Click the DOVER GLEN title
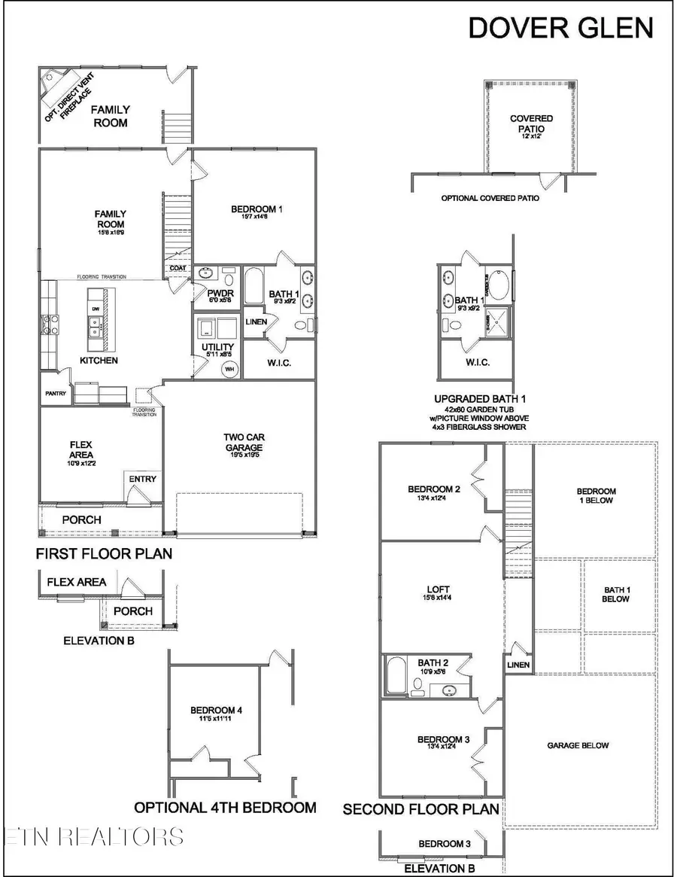click(x=560, y=27)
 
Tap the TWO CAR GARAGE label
click(x=244, y=442)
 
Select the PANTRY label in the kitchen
click(x=56, y=394)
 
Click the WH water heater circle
click(x=229, y=370)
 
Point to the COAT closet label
click(x=178, y=267)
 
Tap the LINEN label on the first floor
click(x=255, y=322)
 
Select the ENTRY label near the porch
click(x=143, y=479)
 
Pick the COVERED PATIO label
click(x=531, y=123)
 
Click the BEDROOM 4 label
click(x=216, y=710)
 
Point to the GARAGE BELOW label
click(x=578, y=745)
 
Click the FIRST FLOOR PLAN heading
click(x=104, y=554)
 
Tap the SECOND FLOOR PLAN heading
click(x=420, y=809)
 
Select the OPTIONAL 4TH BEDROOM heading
click(x=225, y=808)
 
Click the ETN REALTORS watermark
click(x=93, y=836)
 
